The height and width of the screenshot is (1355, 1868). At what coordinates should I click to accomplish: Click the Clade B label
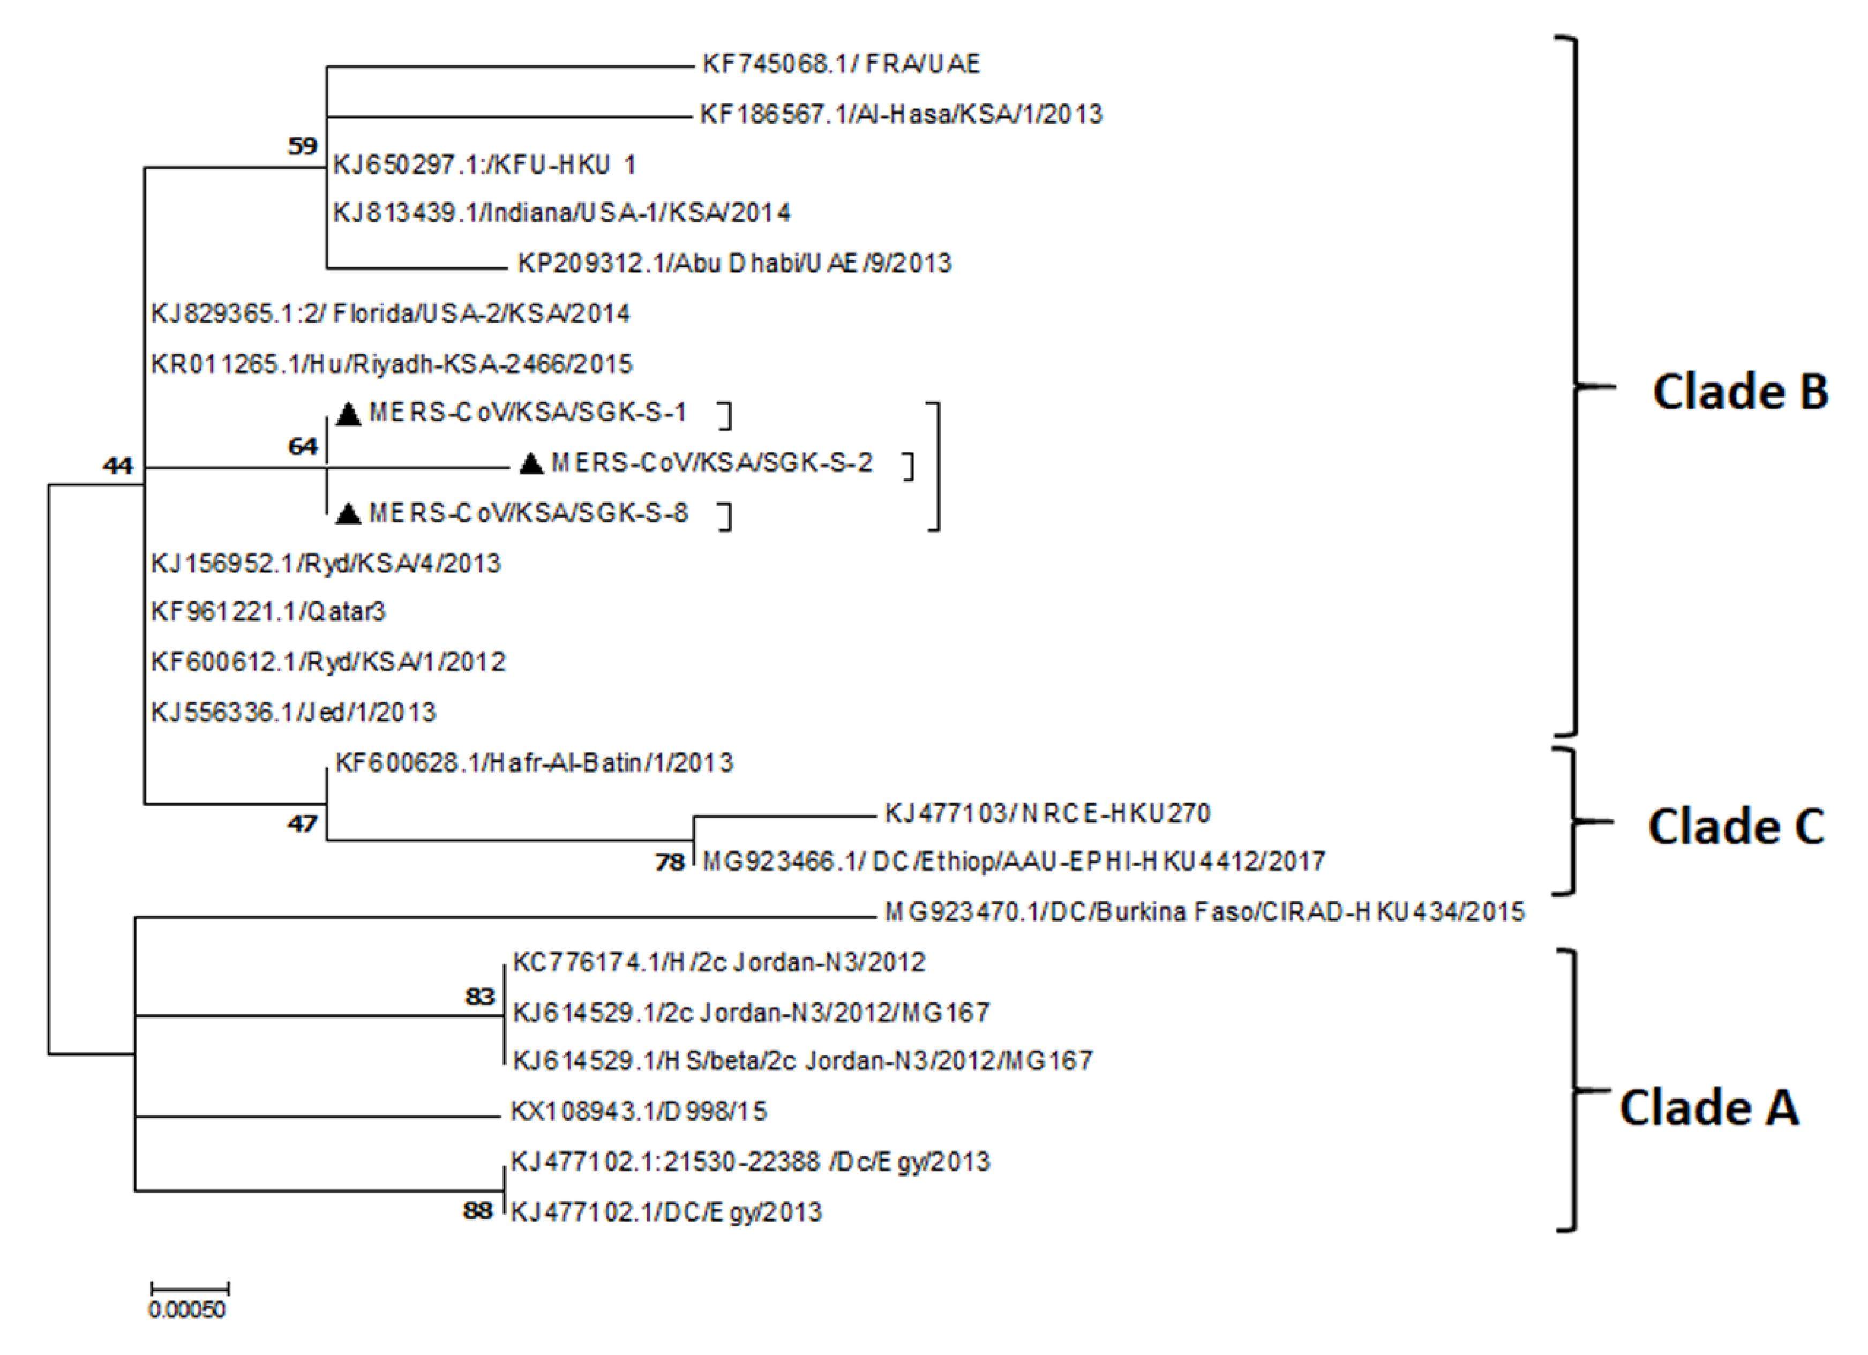coord(1739,392)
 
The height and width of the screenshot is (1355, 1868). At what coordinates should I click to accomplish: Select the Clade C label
coord(1736,827)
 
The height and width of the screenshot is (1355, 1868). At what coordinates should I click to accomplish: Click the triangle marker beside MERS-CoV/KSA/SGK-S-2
coord(531,465)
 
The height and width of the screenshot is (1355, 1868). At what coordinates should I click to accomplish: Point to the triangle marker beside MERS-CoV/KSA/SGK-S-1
coord(349,414)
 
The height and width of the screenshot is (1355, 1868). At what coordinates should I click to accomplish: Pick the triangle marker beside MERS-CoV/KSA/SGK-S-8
coord(349,515)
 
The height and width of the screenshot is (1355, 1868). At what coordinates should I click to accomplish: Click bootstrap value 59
coord(302,147)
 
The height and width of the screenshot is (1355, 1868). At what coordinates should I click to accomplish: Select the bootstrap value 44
coord(118,466)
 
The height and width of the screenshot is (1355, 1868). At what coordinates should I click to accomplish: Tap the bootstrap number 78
coord(670,863)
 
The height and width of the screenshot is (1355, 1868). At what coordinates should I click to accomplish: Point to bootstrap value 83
coord(479,997)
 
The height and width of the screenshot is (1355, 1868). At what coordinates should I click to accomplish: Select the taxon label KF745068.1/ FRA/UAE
coord(841,64)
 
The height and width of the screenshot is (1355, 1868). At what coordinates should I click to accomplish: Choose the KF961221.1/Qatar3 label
coord(268,612)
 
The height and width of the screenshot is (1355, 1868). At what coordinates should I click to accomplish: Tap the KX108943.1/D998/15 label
coord(639,1112)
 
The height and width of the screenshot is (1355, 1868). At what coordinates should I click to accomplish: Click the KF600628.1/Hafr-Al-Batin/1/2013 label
coord(534,763)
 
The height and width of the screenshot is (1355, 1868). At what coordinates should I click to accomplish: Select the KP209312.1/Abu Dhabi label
coord(734,264)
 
